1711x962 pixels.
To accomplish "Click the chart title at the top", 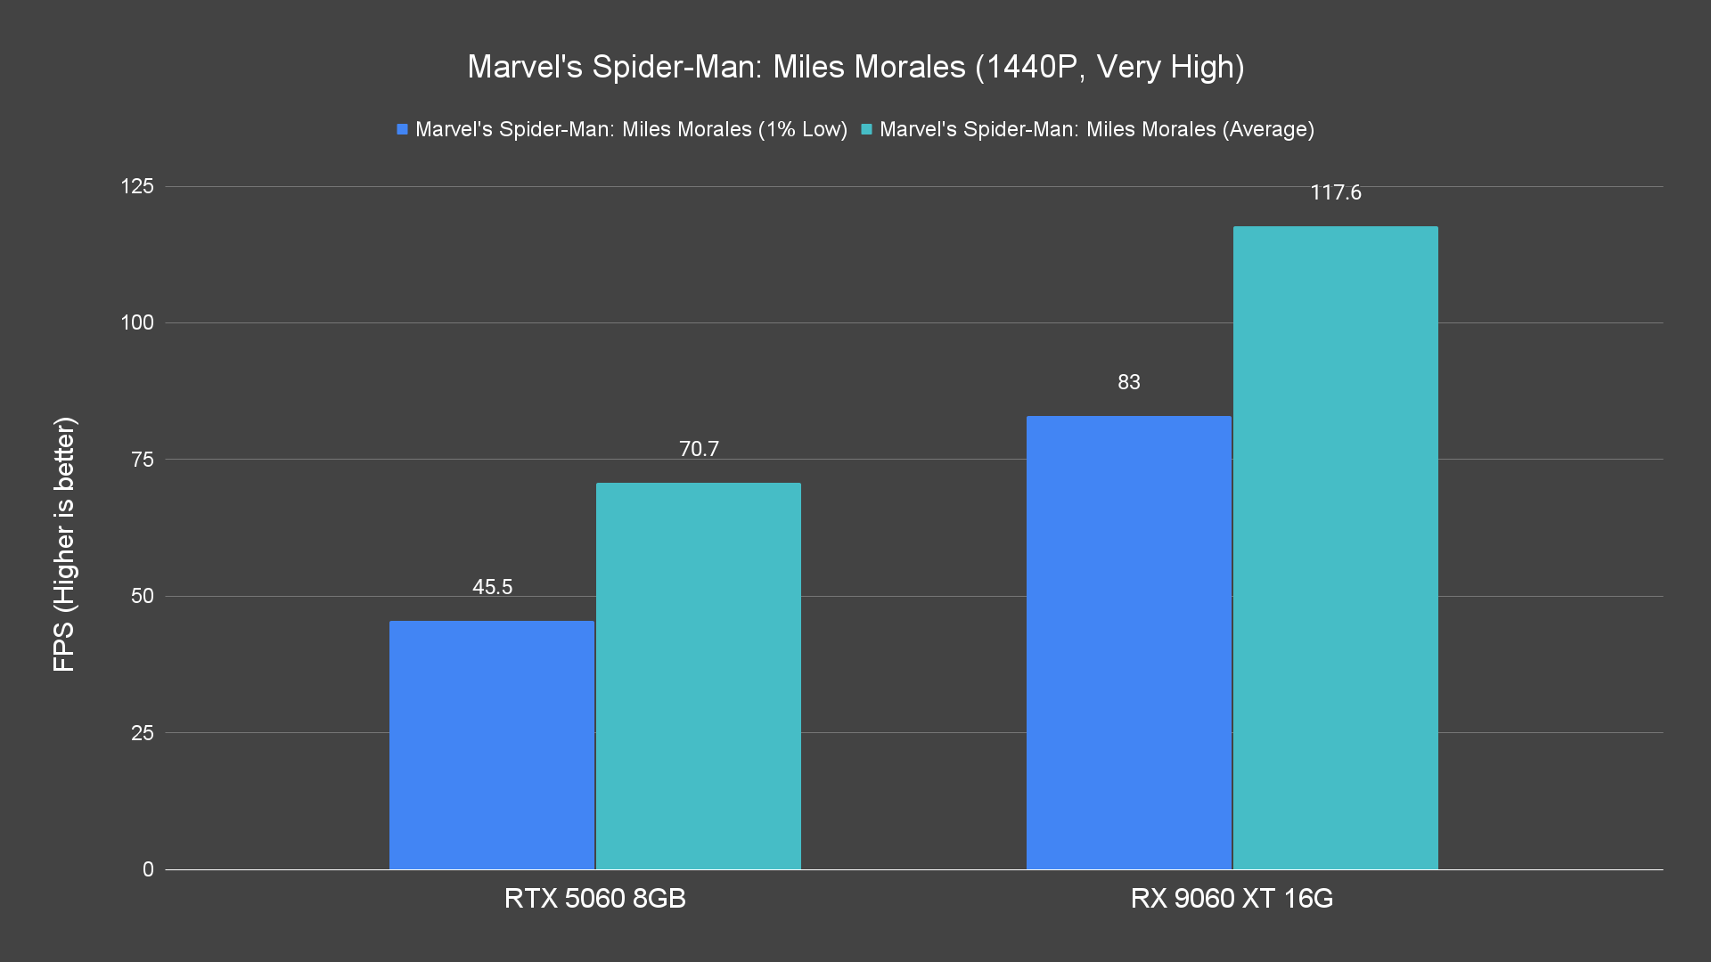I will click(855, 67).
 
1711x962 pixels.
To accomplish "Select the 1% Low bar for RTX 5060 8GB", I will click(492, 745).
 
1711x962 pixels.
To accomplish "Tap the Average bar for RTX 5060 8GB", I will click(699, 676).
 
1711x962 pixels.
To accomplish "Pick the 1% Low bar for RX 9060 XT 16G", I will click(1128, 642).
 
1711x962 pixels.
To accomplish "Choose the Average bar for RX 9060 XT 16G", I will click(1335, 548).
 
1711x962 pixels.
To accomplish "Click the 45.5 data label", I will click(492, 587).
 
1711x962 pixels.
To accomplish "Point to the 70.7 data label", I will click(699, 449).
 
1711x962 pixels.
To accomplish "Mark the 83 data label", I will click(1128, 382).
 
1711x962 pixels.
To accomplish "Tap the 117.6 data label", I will click(1335, 192).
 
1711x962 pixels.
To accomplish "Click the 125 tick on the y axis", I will click(137, 186).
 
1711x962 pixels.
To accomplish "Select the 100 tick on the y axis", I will click(137, 322).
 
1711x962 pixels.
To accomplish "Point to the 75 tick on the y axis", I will click(143, 460).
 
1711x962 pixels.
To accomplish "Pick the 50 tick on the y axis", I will click(143, 596).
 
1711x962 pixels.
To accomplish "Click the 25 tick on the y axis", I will click(143, 733).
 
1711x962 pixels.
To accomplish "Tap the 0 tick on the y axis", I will click(148, 869).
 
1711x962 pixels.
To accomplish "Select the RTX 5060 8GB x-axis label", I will click(594, 898).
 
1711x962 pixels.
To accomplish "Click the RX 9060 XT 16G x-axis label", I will click(1232, 898).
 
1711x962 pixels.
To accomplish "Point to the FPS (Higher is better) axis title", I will click(64, 544).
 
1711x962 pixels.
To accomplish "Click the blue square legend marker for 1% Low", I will click(403, 129).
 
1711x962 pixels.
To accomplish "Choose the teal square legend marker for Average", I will click(866, 129).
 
